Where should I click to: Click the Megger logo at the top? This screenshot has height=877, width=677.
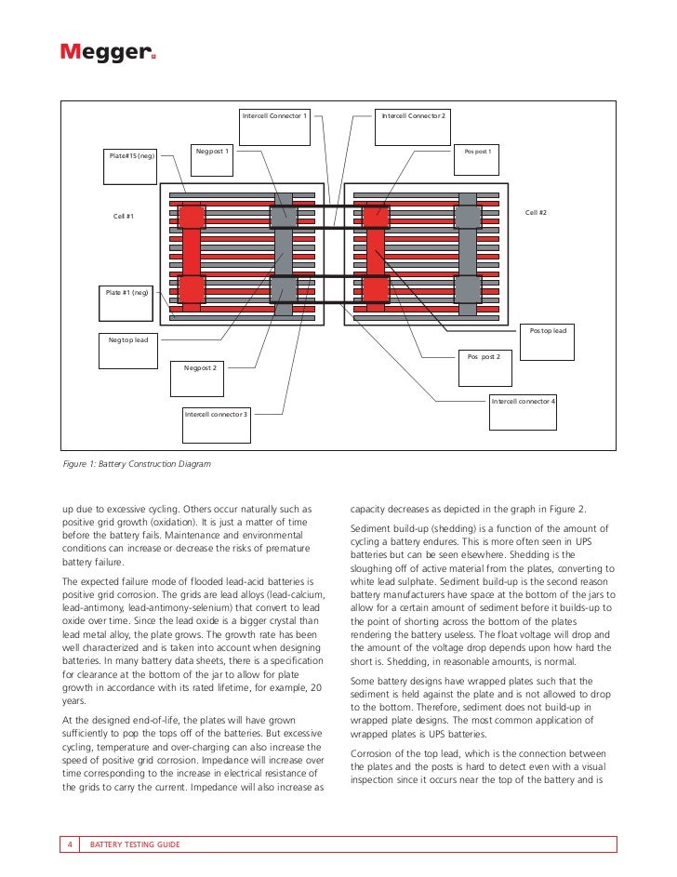pyautogui.click(x=108, y=53)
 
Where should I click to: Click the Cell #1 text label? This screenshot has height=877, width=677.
pyautogui.click(x=124, y=216)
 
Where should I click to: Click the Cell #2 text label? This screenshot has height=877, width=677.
pyautogui.click(x=536, y=213)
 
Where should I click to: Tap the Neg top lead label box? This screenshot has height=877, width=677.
pyautogui.click(x=127, y=349)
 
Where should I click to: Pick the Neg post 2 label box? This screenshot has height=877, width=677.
pyautogui.click(x=200, y=378)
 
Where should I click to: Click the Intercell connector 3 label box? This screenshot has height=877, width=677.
pyautogui.click(x=216, y=422)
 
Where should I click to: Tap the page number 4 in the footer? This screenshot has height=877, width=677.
pyautogui.click(x=71, y=844)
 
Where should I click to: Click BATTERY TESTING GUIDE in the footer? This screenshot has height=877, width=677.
pyautogui.click(x=135, y=844)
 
